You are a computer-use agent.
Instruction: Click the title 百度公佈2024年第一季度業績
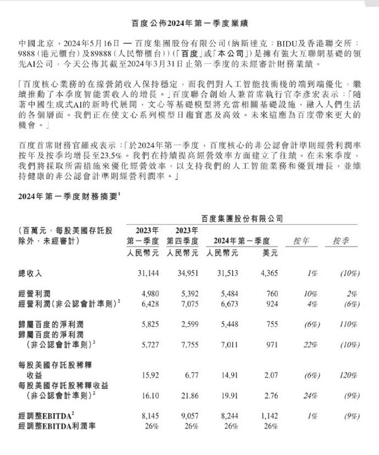(189, 10)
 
